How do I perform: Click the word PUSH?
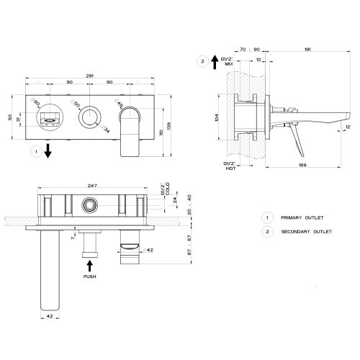tap(89, 276)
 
